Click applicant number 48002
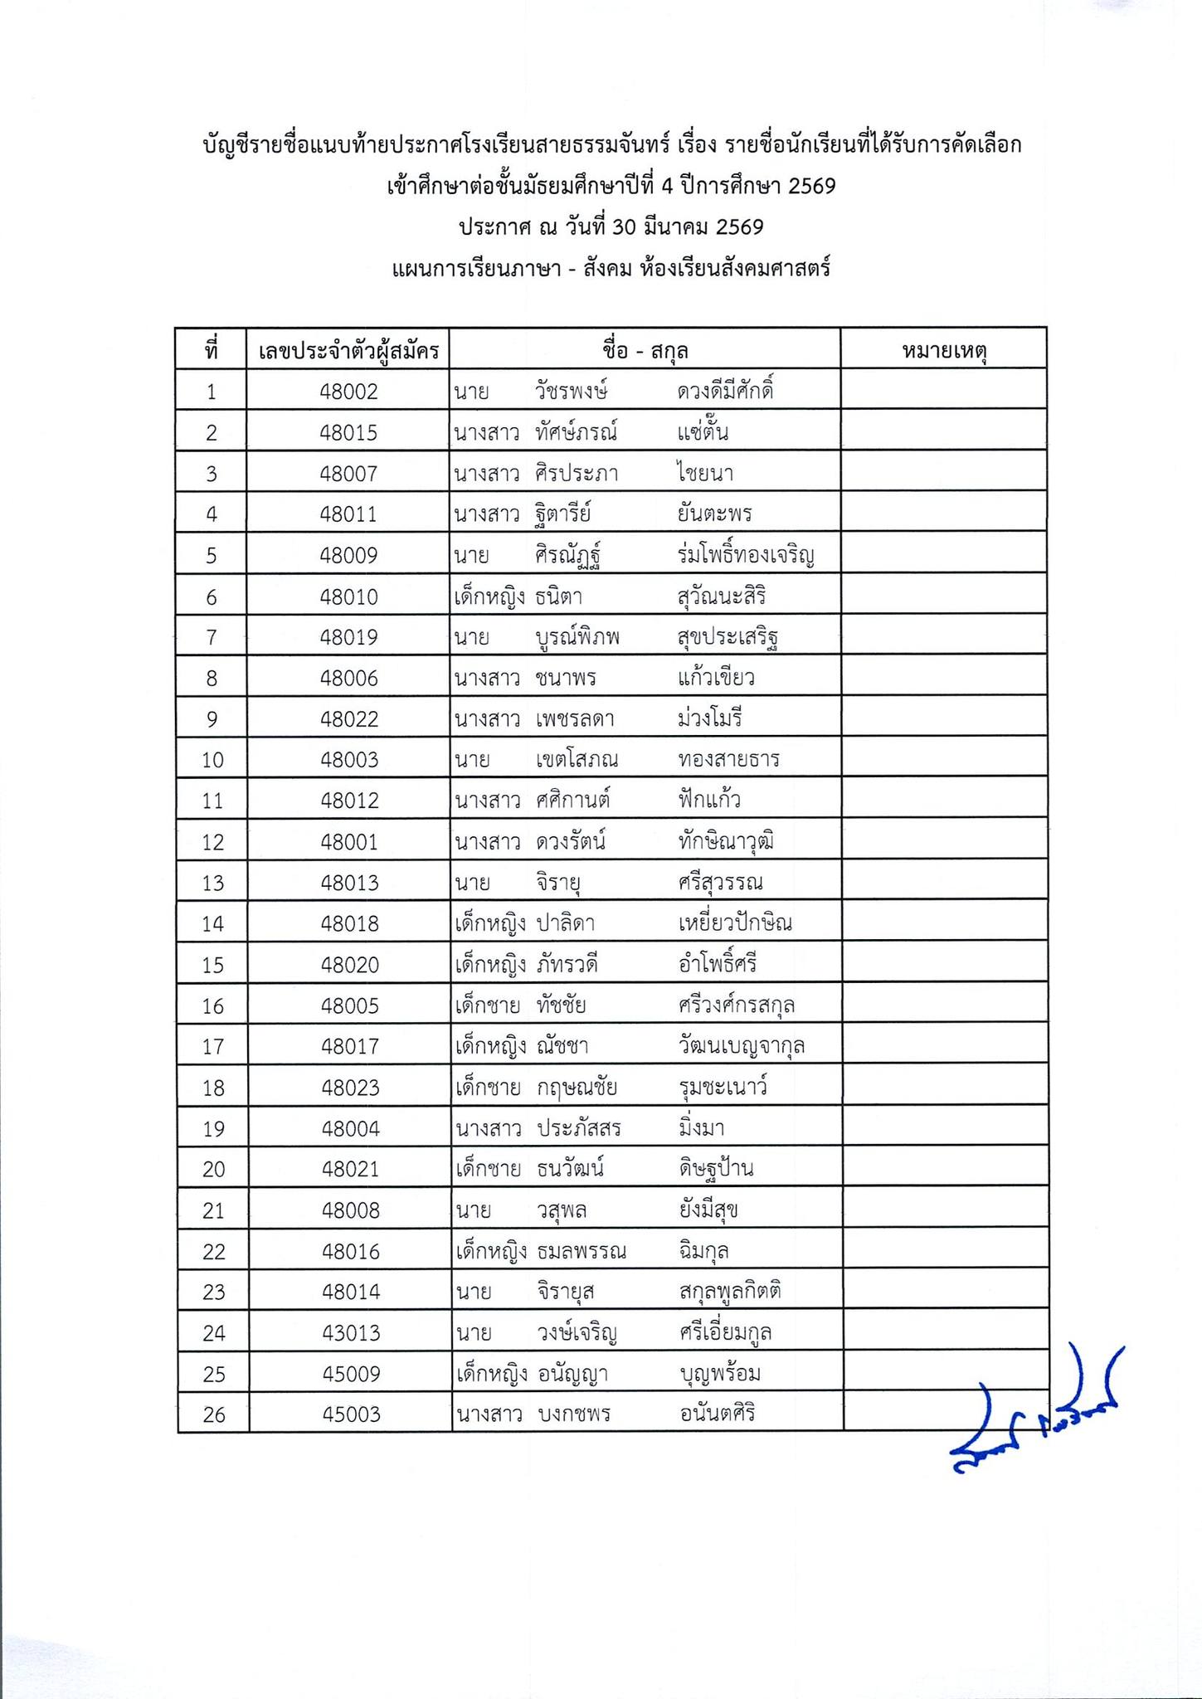(348, 392)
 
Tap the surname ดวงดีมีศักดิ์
(725, 392)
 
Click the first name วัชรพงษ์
(572, 392)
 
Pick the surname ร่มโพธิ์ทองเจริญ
(745, 555)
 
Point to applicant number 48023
(351, 1088)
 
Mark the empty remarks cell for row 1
(943, 392)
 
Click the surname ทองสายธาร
(728, 760)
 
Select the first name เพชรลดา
(575, 719)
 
